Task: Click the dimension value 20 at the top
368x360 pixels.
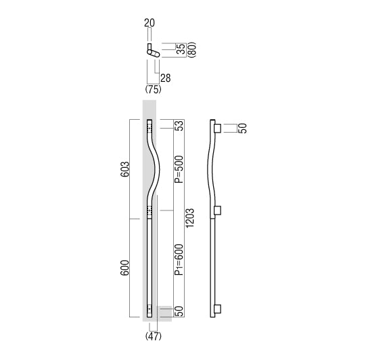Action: (149, 23)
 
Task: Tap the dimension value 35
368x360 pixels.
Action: (181, 49)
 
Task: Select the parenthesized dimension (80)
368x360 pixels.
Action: (191, 50)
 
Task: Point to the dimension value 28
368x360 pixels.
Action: (166, 78)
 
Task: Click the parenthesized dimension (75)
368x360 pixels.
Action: (154, 89)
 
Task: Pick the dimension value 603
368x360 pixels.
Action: (125, 169)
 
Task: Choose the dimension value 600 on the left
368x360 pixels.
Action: (125, 268)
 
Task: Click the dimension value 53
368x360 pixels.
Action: (179, 126)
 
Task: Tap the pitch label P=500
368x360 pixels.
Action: (179, 169)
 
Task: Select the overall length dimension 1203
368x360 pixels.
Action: (190, 218)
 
